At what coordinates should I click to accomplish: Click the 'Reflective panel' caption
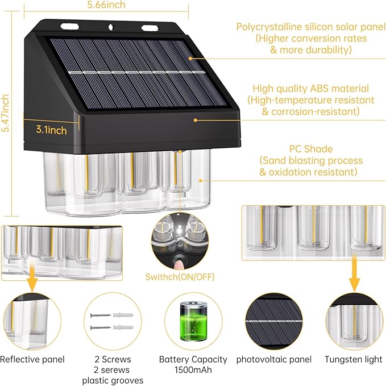click(32, 359)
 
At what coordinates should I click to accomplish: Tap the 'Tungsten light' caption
click(353, 359)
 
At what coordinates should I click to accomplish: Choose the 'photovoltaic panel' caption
click(274, 359)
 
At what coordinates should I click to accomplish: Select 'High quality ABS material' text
click(311, 89)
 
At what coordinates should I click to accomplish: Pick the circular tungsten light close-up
click(353, 321)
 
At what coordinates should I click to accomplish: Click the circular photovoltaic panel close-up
click(274, 321)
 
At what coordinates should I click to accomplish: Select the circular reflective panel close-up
click(32, 321)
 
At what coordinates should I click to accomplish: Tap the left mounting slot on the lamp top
click(69, 26)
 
